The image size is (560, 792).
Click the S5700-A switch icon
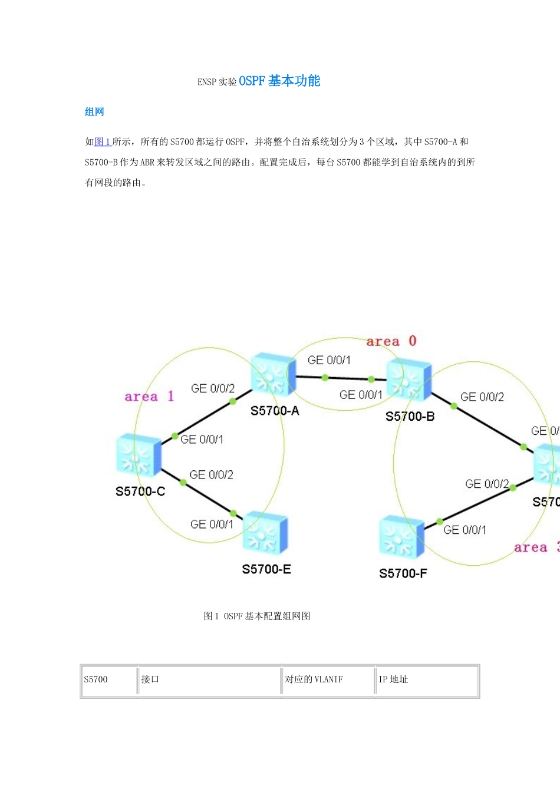click(x=273, y=375)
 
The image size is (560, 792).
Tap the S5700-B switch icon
click(x=409, y=380)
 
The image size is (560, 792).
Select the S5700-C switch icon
click(x=139, y=455)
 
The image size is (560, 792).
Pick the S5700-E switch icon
click(x=265, y=533)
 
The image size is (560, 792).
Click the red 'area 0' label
click(x=391, y=341)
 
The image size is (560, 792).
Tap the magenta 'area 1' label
click(x=149, y=397)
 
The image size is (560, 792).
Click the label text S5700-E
click(x=266, y=569)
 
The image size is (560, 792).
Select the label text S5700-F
click(x=403, y=573)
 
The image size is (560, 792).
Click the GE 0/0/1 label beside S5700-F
click(x=465, y=530)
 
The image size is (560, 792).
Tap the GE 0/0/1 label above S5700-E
click(x=212, y=524)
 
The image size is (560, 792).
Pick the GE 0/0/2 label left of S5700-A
click(x=213, y=389)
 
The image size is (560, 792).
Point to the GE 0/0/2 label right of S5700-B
click(x=482, y=397)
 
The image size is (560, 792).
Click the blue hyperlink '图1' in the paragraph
click(x=103, y=141)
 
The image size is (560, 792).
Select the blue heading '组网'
click(x=94, y=112)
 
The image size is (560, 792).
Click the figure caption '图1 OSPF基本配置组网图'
click(x=257, y=616)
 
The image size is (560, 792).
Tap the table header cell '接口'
click(x=150, y=679)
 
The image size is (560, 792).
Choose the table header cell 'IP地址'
click(x=393, y=679)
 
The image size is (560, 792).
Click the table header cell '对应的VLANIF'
click(x=314, y=679)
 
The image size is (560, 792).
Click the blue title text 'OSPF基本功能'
click(x=279, y=81)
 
